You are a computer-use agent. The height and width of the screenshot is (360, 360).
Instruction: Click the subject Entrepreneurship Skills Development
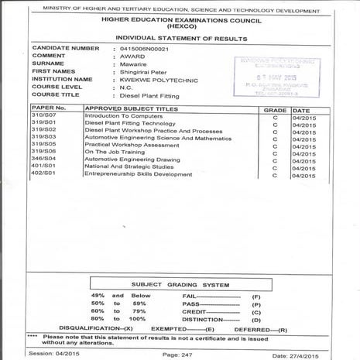[x=139, y=174]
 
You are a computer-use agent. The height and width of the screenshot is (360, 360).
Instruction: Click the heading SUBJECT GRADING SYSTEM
[x=180, y=284]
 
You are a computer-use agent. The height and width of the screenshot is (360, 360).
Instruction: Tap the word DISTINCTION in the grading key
[x=203, y=318]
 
